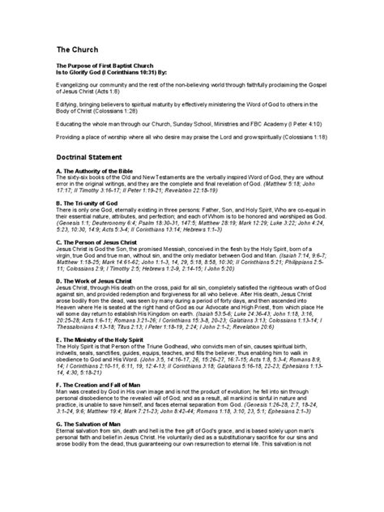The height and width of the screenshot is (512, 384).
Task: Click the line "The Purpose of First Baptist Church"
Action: pos(107,68)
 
